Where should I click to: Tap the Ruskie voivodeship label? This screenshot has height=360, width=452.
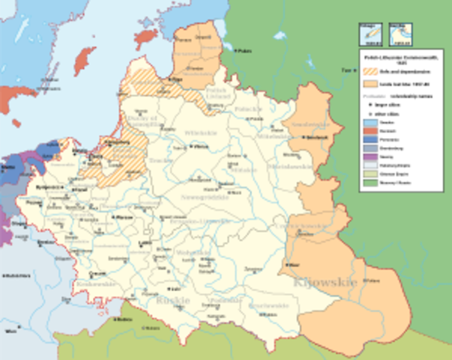(x=173, y=301)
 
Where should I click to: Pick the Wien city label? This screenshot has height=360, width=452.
(x=10, y=329)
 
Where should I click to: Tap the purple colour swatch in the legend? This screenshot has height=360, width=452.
(x=366, y=148)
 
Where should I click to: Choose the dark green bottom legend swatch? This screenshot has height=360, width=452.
(x=366, y=182)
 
